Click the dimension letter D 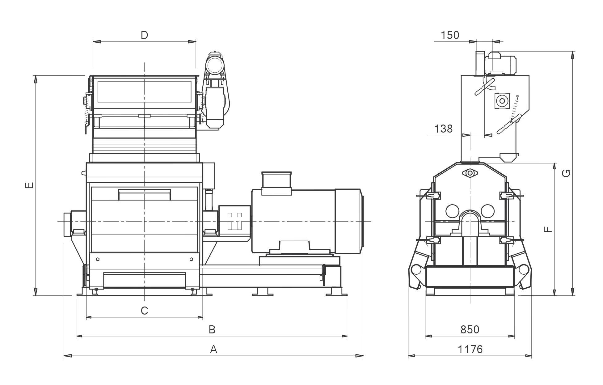144,35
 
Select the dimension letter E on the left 29,185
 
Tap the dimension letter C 144,311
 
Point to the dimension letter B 212,330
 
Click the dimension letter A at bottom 213,349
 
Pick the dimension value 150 450,35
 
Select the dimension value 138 443,129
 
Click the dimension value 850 470,330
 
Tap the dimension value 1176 470,349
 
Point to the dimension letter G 566,173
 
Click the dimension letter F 547,229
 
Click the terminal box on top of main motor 276,183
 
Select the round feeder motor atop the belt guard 215,65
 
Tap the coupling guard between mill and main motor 234,221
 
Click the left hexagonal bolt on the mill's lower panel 98,259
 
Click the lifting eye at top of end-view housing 470,173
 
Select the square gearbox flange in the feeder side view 502,101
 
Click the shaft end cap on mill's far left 67,225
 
